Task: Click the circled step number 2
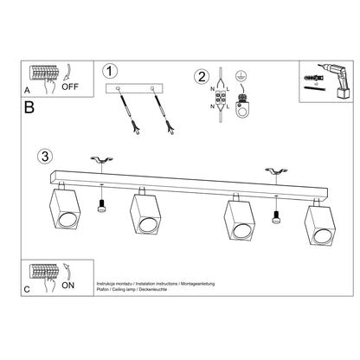tap(201, 75)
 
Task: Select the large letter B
tap(29, 109)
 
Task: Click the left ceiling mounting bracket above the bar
tap(103, 163)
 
